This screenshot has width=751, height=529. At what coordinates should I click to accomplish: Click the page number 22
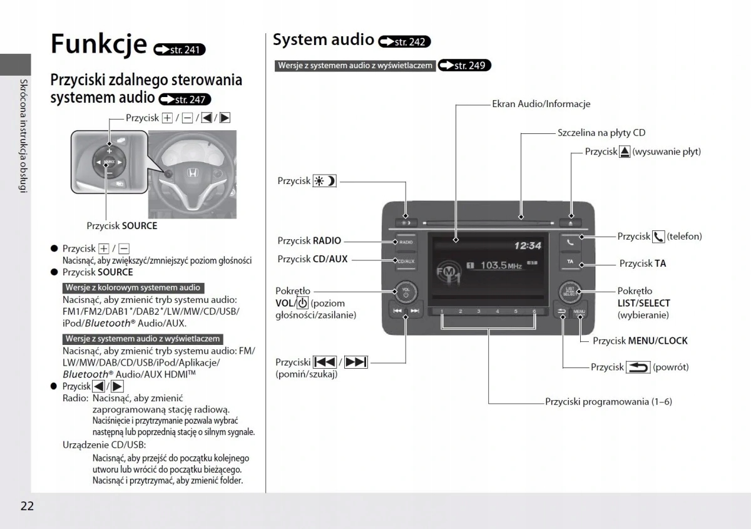27,506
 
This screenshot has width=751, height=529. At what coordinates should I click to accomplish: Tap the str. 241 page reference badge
179,49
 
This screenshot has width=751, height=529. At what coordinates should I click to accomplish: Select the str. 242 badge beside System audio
404,42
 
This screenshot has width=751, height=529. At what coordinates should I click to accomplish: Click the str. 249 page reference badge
464,65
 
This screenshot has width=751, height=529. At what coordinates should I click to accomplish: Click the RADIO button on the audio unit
405,242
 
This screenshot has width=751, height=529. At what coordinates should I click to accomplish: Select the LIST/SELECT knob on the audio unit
570,290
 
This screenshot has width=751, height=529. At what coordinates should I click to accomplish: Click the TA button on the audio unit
570,261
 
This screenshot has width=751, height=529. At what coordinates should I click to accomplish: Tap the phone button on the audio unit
570,240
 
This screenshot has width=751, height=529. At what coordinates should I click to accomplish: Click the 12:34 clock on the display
527,245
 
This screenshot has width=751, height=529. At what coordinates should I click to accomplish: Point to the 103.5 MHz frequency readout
501,265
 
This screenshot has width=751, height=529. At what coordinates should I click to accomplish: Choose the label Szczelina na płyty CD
601,133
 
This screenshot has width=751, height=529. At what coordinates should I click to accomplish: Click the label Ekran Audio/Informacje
541,104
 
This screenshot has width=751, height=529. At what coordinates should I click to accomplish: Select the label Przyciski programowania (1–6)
608,401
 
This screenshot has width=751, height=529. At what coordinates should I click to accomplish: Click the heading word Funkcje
98,44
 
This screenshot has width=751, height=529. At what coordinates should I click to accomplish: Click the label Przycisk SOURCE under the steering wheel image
122,225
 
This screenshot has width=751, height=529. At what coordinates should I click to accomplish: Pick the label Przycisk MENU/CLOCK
640,341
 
